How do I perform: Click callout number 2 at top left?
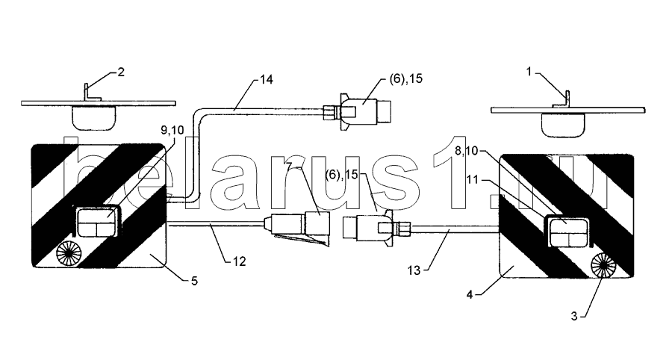tap(121, 72)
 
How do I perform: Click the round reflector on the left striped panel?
tap(66, 254)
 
